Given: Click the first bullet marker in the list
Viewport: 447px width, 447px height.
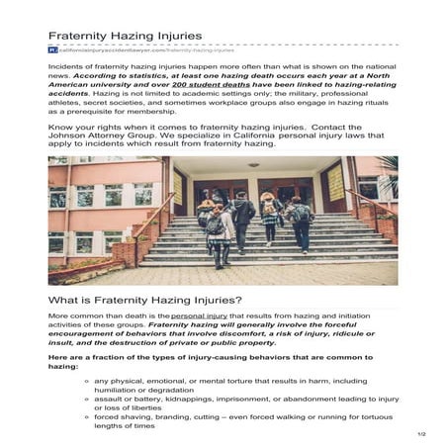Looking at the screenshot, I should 88,381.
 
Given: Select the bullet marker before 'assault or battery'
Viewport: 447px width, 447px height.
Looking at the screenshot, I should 88,400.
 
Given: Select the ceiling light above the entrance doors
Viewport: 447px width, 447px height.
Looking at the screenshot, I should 255,165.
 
